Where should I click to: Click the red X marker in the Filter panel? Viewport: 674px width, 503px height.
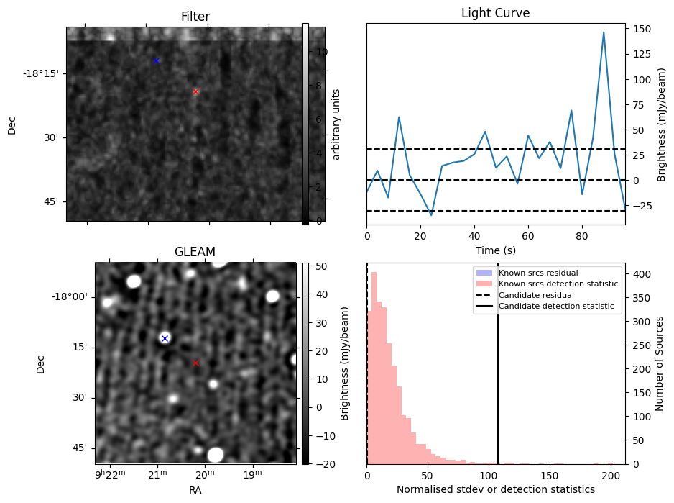click(195, 91)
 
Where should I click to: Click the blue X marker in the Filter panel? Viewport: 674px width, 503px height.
click(156, 60)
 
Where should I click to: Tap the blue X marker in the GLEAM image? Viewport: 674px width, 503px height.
click(165, 338)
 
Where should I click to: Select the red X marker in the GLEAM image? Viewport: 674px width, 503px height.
click(195, 363)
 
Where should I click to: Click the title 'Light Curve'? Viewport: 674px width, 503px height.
click(495, 13)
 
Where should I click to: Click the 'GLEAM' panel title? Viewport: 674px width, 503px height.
click(195, 252)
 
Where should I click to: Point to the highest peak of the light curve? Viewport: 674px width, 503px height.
click(604, 32)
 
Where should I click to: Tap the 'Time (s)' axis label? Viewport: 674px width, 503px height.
click(495, 250)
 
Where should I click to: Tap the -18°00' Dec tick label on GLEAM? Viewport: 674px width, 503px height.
click(68, 296)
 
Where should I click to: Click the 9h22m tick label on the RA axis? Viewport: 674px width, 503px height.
click(109, 474)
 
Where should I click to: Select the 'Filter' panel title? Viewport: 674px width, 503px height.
click(195, 17)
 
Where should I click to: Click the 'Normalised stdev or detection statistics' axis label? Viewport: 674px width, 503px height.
click(495, 489)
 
